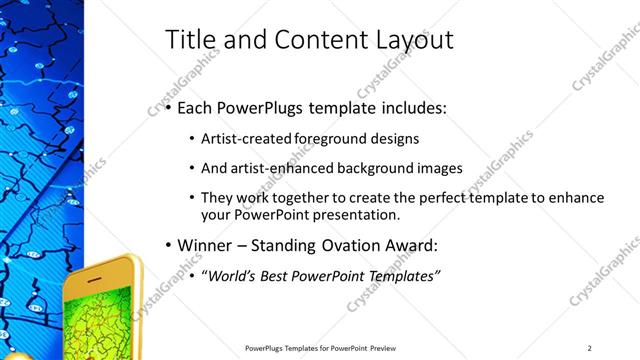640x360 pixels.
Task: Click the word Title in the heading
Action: [x=187, y=40]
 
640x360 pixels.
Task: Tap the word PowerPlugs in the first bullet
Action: [x=258, y=107]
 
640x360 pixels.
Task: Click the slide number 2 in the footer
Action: [x=590, y=347]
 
